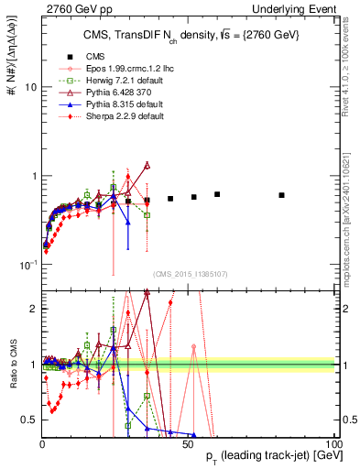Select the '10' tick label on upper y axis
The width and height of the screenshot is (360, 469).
(x=30, y=88)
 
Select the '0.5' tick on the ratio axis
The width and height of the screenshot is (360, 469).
(x=29, y=420)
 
